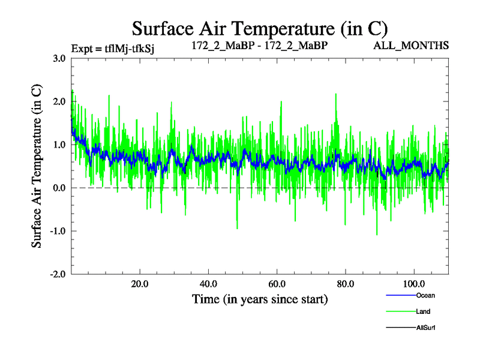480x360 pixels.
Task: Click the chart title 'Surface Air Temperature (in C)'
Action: click(259, 28)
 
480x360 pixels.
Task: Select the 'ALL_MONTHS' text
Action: click(419, 45)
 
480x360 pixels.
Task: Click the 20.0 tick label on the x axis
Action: click(140, 284)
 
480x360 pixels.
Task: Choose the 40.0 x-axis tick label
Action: click(208, 284)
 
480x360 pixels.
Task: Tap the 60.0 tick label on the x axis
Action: click(277, 284)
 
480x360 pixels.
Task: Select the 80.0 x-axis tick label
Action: click(345, 284)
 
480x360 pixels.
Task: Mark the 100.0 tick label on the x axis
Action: click(413, 284)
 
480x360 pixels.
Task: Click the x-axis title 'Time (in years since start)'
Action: click(259, 299)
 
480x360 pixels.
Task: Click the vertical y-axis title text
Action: click(37, 166)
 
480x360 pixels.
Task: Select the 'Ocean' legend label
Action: click(425, 295)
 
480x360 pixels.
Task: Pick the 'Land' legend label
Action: click(423, 311)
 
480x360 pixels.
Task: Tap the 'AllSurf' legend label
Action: click(425, 328)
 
